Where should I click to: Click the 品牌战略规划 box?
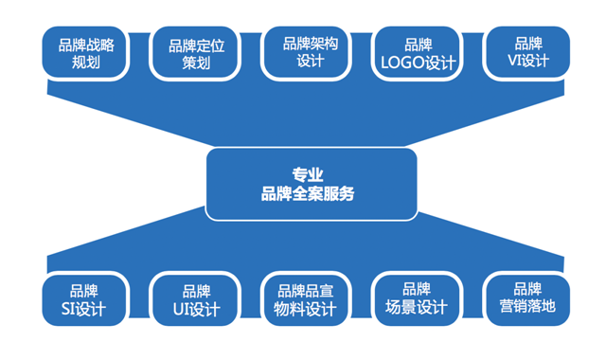coord(86,53)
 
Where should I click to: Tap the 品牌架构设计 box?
coord(310,52)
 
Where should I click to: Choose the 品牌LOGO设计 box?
coord(418,53)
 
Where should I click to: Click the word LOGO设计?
coord(418,63)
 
